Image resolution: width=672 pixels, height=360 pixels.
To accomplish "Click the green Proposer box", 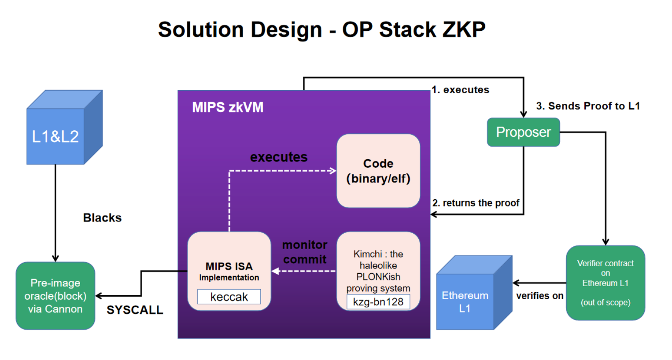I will (x=523, y=132).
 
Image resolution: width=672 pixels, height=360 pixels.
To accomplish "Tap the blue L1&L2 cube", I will (x=55, y=136).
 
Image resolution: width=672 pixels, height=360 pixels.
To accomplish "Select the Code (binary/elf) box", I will (x=378, y=171).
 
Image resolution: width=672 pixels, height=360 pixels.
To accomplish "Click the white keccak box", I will (x=229, y=297).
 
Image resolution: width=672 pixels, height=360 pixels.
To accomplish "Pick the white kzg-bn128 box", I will (x=378, y=302).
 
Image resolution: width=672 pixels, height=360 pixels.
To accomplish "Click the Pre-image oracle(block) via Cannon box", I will (x=55, y=296).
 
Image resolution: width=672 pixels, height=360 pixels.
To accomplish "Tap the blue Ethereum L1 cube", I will (x=465, y=301).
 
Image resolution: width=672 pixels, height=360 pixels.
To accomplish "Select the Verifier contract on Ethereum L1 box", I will (x=605, y=283).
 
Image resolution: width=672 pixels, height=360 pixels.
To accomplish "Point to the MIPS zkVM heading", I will (x=228, y=107).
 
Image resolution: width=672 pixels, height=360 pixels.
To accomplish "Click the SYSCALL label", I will (x=135, y=310).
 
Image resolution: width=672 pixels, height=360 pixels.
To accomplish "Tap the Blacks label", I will (x=102, y=218).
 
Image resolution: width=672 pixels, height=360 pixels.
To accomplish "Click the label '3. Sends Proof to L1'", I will (x=587, y=106).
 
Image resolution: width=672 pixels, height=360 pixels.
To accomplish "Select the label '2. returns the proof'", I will (x=476, y=203).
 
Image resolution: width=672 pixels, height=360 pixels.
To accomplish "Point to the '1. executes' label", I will (x=460, y=90).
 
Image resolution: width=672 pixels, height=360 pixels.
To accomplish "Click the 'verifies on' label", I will (x=539, y=296).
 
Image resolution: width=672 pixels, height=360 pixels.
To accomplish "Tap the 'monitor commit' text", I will (x=305, y=252).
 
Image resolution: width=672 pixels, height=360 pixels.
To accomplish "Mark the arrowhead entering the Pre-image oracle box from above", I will (x=55, y=258).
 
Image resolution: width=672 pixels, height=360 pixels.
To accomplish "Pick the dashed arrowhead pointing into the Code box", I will (x=333, y=171).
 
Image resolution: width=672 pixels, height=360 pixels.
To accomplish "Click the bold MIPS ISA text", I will (x=229, y=266).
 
